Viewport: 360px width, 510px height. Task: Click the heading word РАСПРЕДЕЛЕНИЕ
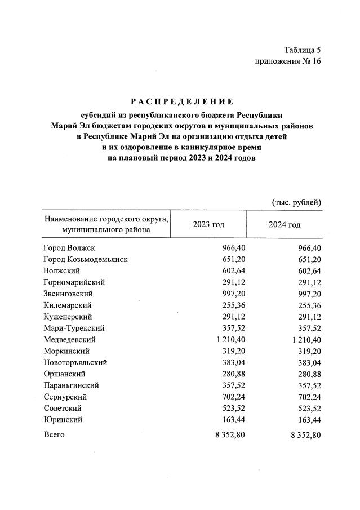point(182,102)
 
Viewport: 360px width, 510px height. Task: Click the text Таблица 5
point(302,50)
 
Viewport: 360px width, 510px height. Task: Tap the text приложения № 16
point(287,61)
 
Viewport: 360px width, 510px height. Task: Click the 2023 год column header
point(208,225)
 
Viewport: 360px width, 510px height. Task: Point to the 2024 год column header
point(284,225)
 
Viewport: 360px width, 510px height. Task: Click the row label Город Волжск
point(69,248)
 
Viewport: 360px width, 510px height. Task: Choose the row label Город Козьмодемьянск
point(85,259)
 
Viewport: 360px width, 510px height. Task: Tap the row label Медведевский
point(69,340)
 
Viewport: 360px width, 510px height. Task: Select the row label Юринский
point(63,420)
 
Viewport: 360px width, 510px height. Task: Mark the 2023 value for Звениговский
point(233,294)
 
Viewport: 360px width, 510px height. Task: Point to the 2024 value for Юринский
point(309,420)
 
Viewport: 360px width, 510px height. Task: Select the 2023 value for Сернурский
point(233,397)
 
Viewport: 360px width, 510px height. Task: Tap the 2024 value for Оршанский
point(309,374)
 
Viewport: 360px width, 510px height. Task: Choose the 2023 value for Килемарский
point(233,305)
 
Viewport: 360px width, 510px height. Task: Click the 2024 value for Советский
point(309,409)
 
